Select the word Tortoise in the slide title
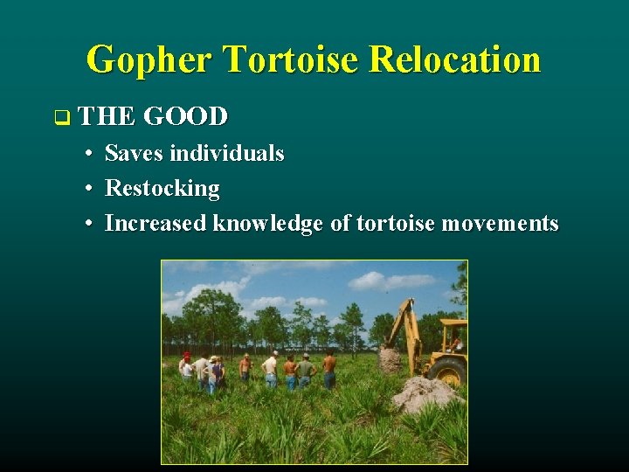pyautogui.click(x=292, y=60)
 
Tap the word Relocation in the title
pyautogui.click(x=454, y=60)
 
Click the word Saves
pyautogui.click(x=134, y=154)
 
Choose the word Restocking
pyautogui.click(x=162, y=188)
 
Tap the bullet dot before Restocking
pyautogui.click(x=90, y=189)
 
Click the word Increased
pyautogui.click(x=156, y=223)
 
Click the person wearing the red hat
pyautogui.click(x=186, y=366)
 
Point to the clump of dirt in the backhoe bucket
pyautogui.click(x=391, y=358)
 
